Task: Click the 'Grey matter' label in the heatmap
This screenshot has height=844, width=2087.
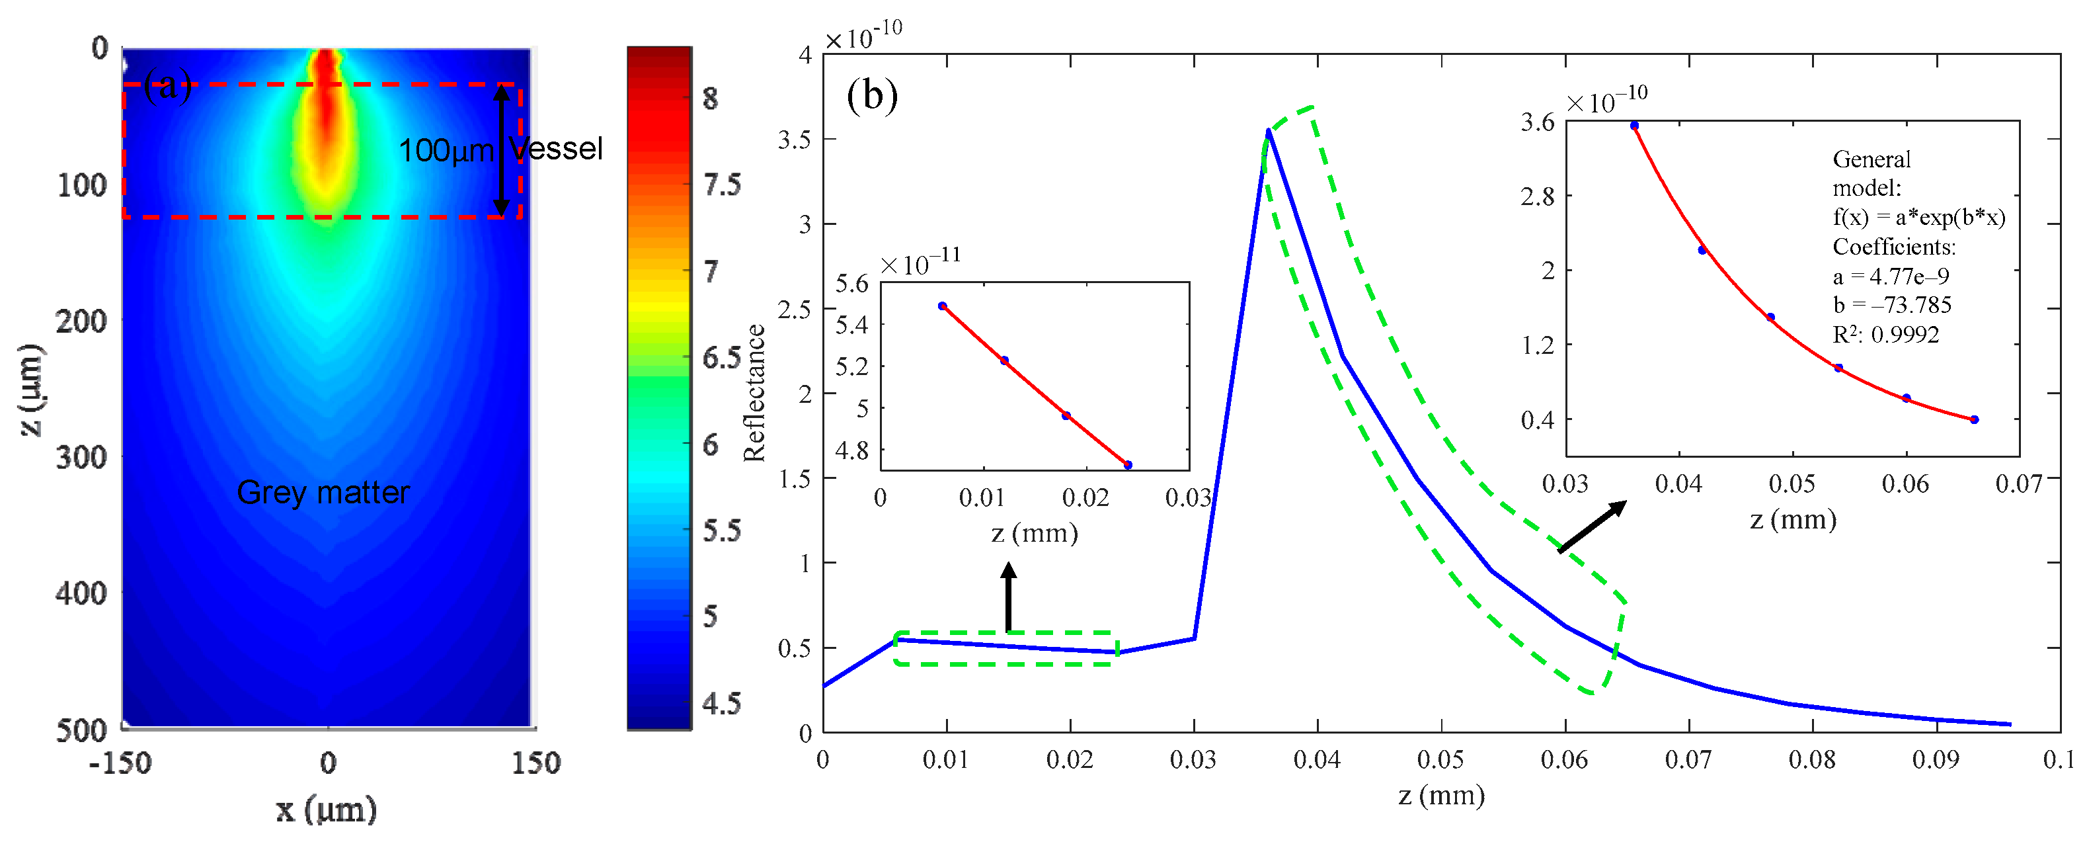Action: pos(323,492)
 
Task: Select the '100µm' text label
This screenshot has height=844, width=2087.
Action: pos(446,151)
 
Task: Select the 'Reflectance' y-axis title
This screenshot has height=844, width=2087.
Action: pos(754,392)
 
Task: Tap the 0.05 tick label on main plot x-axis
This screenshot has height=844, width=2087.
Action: pos(1440,760)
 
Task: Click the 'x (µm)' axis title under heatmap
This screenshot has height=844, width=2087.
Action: pos(327,808)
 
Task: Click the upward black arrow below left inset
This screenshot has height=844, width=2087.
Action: pos(1008,596)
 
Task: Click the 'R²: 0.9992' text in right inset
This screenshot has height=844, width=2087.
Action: pos(1885,334)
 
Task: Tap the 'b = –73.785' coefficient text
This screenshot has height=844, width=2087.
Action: pos(1892,305)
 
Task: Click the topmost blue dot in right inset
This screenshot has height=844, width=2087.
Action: pos(1634,126)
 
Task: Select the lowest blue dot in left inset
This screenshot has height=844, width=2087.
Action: pos(1128,464)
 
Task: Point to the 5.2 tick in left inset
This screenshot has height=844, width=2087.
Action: pos(851,366)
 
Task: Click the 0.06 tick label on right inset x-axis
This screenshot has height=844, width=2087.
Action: pos(1905,484)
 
